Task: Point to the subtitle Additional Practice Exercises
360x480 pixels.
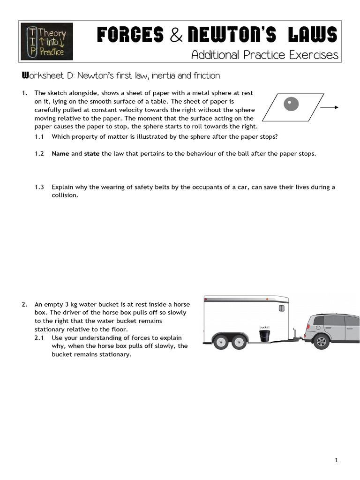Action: pos(264,55)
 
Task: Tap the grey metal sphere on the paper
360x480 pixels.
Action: pos(292,104)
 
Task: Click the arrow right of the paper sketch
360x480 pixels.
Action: pos(330,107)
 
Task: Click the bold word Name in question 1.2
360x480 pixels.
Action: pos(60,154)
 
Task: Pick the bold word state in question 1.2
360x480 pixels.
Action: pos(91,154)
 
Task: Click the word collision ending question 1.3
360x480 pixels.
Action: pos(64,195)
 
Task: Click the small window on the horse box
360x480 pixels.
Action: pos(281,308)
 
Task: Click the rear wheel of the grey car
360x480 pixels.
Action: pos(321,341)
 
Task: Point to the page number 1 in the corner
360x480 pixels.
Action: pos(337,461)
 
